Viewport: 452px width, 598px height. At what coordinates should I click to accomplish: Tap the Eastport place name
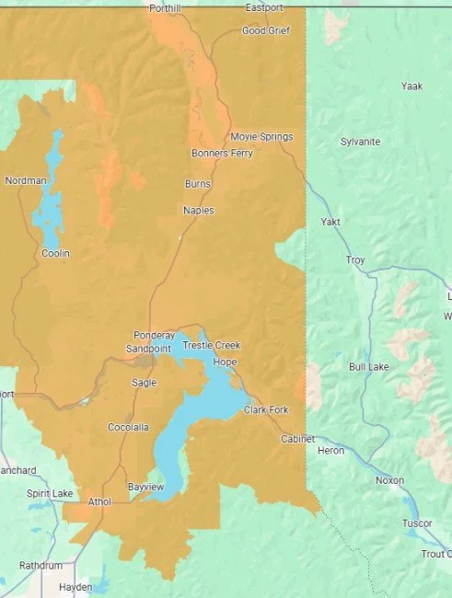click(264, 8)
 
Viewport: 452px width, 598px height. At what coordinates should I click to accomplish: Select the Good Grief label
click(266, 30)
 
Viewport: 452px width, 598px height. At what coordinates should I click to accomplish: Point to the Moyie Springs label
click(261, 137)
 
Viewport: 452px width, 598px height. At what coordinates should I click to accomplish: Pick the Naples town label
click(198, 211)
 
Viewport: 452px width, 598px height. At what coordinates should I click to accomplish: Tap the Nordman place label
click(25, 180)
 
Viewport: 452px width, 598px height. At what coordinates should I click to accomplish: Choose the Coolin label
click(55, 253)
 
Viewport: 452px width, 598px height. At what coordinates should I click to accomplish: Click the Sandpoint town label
click(146, 349)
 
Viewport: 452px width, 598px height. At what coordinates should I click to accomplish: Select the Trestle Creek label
click(211, 345)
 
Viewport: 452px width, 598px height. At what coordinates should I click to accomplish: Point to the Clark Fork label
click(267, 409)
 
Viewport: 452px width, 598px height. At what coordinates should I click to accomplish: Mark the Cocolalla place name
click(128, 428)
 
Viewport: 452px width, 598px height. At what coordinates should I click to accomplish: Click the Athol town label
click(99, 501)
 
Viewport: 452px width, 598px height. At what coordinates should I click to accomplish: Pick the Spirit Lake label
click(50, 494)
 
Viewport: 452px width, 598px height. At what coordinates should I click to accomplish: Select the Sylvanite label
click(361, 142)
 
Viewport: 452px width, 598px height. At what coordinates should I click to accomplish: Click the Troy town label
click(355, 260)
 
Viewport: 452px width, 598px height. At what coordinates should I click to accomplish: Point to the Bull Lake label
click(370, 367)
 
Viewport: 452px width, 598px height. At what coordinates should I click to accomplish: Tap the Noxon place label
click(389, 480)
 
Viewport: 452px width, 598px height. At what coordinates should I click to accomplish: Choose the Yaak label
click(411, 86)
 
